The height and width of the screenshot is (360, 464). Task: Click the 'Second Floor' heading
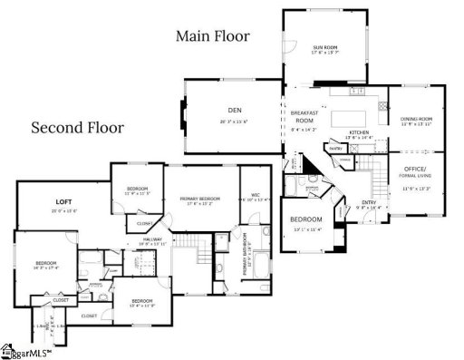77,128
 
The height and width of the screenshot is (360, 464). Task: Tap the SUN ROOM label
325,47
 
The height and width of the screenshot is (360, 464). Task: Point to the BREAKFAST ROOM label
304,116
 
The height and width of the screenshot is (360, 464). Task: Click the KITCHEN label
361,132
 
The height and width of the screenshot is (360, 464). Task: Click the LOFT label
63,201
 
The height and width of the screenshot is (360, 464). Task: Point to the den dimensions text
234,122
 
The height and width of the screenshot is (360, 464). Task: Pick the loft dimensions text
63,211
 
